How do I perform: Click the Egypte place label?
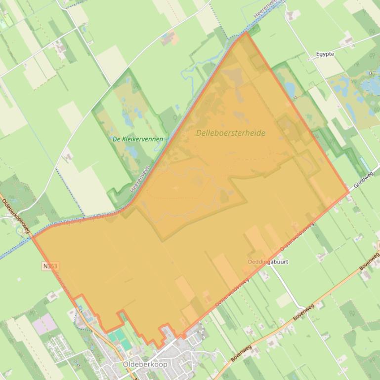[325, 54]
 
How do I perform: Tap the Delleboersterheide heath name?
[230, 133]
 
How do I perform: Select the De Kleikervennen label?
[138, 139]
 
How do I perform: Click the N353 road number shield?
[50, 266]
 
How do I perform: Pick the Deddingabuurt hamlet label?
[268, 262]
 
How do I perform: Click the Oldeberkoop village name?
[145, 364]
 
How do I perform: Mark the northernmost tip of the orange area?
[246, 33]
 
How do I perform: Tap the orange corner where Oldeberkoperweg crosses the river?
[33, 237]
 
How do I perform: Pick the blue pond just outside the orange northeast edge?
[289, 89]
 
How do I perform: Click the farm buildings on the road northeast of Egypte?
[349, 40]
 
